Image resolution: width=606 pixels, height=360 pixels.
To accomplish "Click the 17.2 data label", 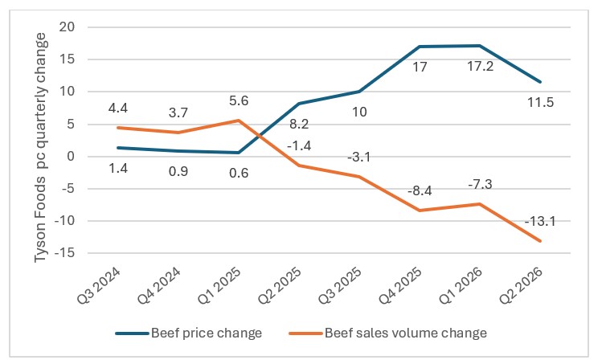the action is tap(480, 67).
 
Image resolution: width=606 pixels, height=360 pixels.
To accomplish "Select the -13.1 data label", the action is tap(540, 221).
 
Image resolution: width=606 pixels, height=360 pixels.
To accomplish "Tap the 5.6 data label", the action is tap(239, 100).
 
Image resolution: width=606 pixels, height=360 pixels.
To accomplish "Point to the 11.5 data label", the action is tap(541, 102).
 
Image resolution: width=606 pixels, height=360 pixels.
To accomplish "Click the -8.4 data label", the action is tap(420, 190).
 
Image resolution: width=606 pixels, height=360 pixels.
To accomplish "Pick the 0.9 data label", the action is tap(178, 170).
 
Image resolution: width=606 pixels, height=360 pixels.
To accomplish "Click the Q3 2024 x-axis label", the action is tap(100, 285).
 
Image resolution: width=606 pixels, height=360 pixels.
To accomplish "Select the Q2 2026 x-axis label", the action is tap(522, 285).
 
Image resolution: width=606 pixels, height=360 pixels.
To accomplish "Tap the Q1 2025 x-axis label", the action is tap(220, 285).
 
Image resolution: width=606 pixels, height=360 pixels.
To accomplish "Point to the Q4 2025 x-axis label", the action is tap(401, 285).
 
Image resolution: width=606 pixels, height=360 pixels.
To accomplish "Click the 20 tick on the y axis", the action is tap(67, 27).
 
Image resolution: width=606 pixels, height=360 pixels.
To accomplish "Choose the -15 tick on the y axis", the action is tap(64, 253).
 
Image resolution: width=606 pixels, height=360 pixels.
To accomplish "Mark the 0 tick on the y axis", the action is tap(71, 157).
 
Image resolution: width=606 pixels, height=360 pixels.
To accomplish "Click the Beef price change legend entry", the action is tap(189, 333).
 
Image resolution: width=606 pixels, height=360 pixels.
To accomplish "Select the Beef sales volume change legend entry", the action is tap(388, 333).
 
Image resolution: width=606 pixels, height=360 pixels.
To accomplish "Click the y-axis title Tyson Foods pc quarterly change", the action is tap(40, 148).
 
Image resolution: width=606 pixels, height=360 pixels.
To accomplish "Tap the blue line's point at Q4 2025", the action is tap(420, 47).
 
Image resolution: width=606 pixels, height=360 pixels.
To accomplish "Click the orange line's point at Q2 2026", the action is tap(540, 240).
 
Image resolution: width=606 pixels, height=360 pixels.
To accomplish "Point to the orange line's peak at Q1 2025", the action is tap(239, 120).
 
